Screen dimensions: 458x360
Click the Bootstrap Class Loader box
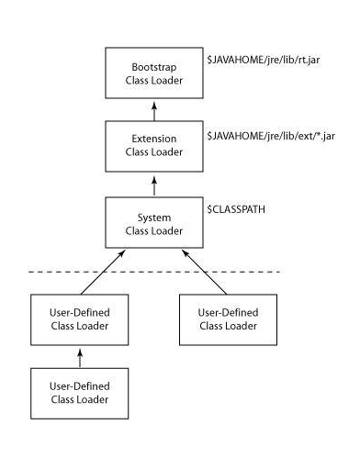coord(154,73)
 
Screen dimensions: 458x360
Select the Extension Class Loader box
coord(154,146)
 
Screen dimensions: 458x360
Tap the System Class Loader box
coord(154,223)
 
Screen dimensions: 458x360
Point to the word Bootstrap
coord(154,67)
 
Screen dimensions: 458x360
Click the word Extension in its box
coord(154,139)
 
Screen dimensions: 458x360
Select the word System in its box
coord(154,217)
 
